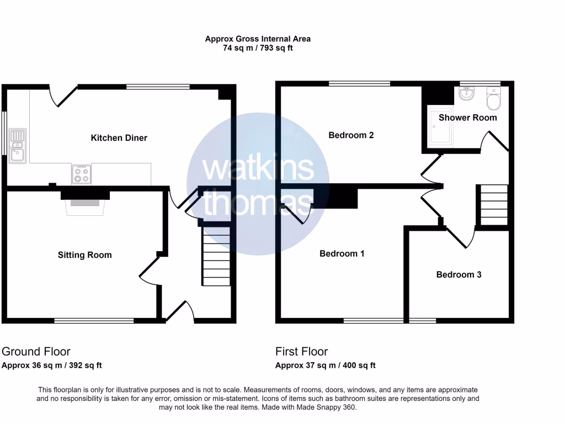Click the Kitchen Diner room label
click(119, 137)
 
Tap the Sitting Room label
click(84, 255)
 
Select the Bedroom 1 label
click(342, 253)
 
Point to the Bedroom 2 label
click(351, 135)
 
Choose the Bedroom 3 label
click(459, 274)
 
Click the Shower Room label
click(467, 117)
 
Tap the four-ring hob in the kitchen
click(81, 174)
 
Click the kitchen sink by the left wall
click(17, 144)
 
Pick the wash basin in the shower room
click(466, 96)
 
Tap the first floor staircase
click(493, 204)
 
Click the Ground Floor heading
click(36, 351)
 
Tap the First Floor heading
click(301, 351)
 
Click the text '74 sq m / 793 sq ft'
click(258, 48)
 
